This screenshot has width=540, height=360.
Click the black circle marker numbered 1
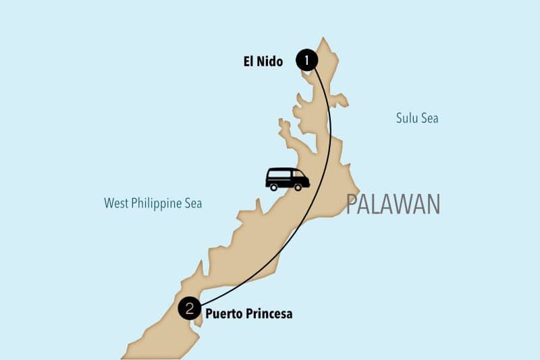coord(307,61)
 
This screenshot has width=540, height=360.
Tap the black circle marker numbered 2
coord(190,309)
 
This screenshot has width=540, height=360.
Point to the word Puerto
coord(222,314)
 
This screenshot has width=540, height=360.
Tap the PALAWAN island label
coord(393,204)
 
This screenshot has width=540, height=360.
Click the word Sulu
coord(408,118)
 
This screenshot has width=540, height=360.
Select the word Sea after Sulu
coord(430,118)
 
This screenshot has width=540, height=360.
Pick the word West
coord(116,203)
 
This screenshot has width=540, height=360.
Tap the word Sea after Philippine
coord(193,203)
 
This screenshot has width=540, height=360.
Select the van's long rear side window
coord(279,173)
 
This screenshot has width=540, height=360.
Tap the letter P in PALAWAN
coord(352,204)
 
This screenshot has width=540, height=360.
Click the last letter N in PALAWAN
coord(432,204)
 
